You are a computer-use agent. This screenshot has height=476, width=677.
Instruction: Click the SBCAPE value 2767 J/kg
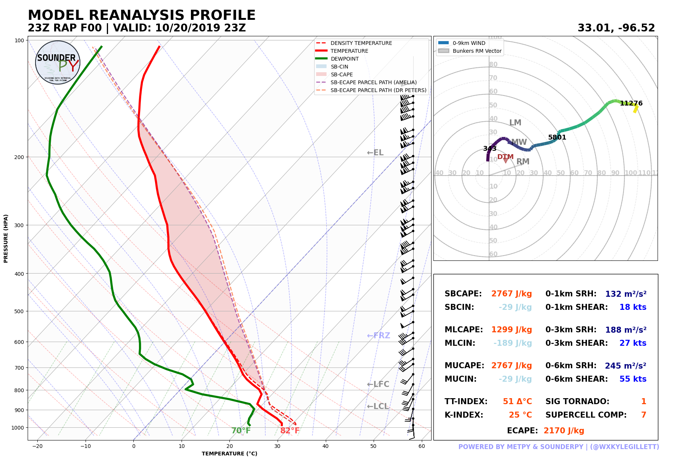(511, 294)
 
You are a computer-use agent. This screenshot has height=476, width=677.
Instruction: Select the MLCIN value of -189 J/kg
(512, 343)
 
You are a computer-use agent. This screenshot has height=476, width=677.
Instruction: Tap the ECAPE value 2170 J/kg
(563, 431)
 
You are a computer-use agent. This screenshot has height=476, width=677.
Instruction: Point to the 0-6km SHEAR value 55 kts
(633, 379)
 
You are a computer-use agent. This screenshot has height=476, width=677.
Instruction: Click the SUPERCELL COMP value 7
(643, 415)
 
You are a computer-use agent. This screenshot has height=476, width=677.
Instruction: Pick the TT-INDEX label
(466, 402)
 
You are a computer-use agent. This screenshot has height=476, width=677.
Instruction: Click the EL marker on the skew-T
(375, 153)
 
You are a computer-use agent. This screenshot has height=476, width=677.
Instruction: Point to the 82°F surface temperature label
(290, 431)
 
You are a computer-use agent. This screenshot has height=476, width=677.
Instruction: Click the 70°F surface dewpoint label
(241, 431)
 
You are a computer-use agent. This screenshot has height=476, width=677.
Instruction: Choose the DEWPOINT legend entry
(344, 59)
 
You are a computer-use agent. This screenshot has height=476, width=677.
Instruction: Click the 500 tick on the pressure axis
(19, 311)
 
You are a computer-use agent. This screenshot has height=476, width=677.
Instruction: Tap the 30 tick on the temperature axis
(278, 446)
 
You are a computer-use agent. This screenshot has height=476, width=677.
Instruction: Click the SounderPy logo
(58, 62)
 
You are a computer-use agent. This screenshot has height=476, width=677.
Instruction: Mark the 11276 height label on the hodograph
(631, 103)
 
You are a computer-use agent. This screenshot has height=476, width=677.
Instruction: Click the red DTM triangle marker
(506, 161)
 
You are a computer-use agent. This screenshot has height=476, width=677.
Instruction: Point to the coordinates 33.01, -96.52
(616, 28)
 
